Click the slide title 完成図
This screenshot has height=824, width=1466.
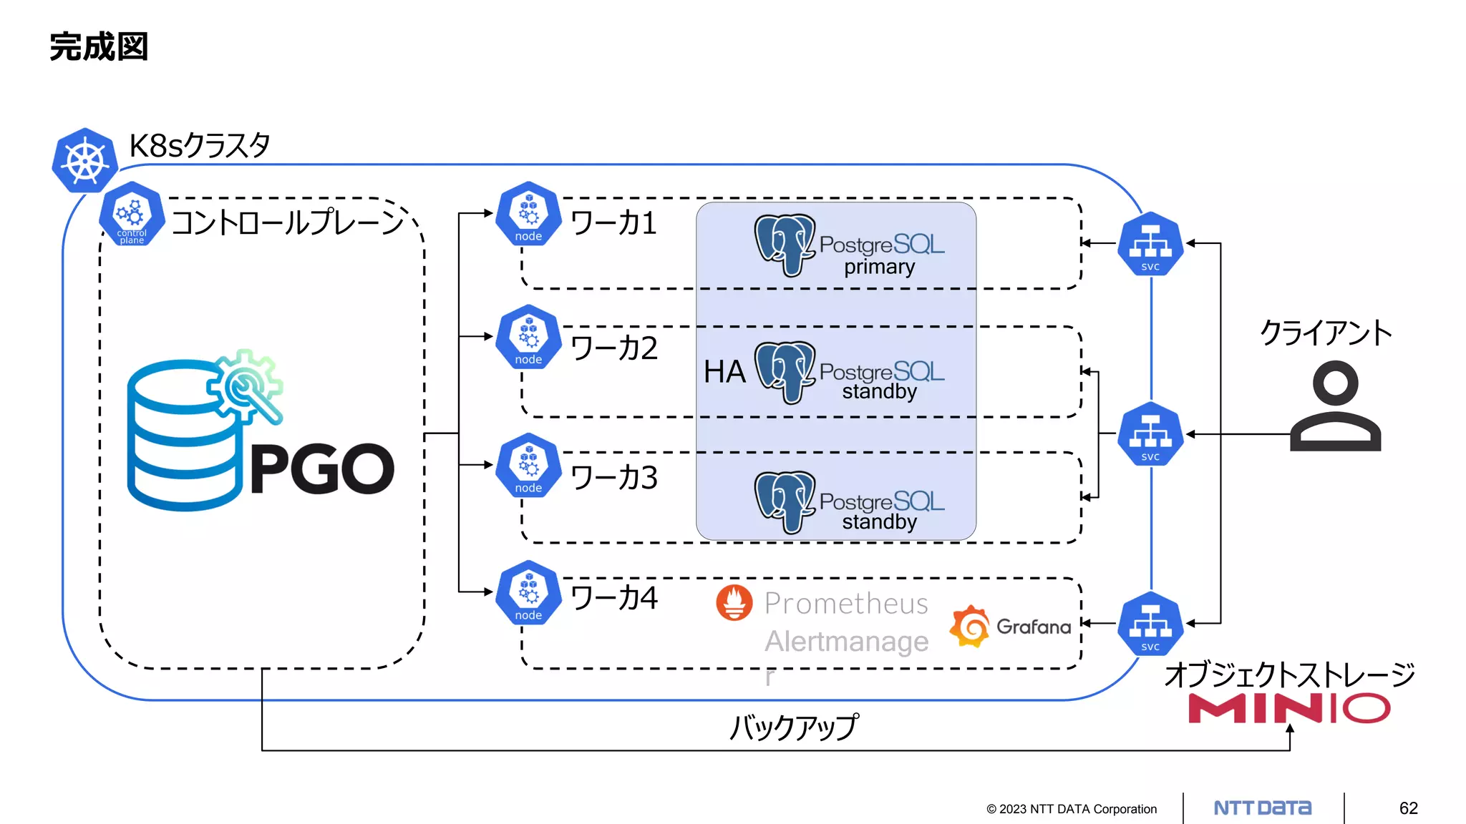point(99,47)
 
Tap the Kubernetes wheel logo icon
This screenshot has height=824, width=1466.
point(85,161)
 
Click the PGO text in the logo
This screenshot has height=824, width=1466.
point(322,469)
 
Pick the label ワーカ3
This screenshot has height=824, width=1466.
point(614,478)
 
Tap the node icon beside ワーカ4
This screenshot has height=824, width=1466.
point(528,593)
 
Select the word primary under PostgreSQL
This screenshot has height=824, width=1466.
point(879,267)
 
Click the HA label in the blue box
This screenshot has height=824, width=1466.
point(724,372)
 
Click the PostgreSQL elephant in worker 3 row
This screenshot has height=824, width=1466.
point(785,501)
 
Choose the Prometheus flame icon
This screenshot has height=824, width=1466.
point(734,602)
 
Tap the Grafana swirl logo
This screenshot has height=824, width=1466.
point(970,627)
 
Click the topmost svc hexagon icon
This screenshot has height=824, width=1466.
point(1150,244)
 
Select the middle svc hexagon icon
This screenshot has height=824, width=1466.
point(1150,434)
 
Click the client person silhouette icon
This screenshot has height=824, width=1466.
point(1335,406)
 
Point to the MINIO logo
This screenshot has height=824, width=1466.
point(1288,708)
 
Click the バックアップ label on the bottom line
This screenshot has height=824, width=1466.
point(793,727)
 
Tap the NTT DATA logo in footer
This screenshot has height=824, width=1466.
point(1263,808)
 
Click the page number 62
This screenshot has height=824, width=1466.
point(1408,808)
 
